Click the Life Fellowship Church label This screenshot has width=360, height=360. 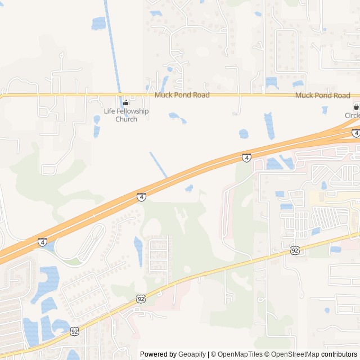(x=126, y=115)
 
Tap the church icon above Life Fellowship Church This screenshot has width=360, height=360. (x=126, y=102)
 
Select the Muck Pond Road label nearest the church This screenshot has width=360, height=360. (x=182, y=95)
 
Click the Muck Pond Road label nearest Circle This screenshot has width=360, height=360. (x=322, y=96)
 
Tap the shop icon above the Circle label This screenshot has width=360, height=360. (x=355, y=106)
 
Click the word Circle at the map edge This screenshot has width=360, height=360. (x=352, y=116)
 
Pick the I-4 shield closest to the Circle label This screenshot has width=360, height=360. (x=355, y=133)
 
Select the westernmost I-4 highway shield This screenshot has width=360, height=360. (x=43, y=242)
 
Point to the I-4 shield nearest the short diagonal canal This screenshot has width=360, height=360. (x=141, y=197)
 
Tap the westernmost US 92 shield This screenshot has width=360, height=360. (x=75, y=332)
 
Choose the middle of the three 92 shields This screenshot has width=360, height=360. (x=141, y=299)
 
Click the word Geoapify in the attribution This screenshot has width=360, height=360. (x=192, y=354)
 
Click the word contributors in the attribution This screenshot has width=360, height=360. (x=339, y=354)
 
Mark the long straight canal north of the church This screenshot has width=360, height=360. (x=112, y=45)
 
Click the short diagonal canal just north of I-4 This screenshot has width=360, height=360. (x=158, y=165)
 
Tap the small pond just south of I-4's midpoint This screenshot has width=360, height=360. (x=189, y=188)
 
